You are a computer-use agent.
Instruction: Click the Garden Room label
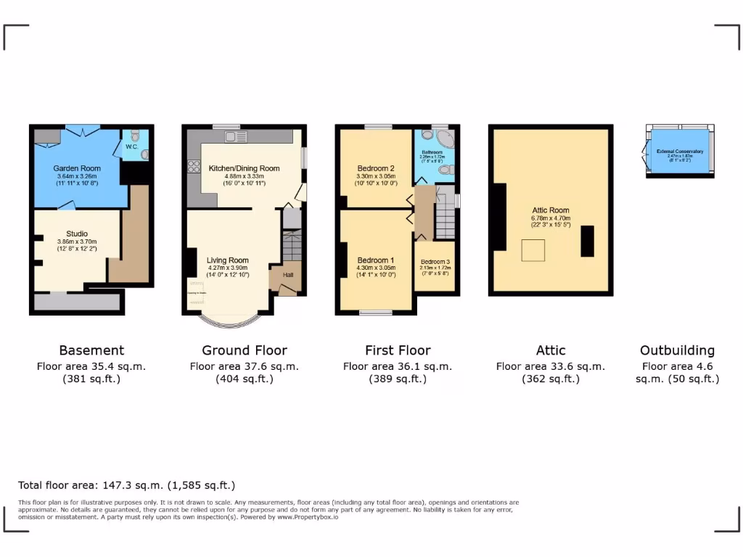tap(77, 168)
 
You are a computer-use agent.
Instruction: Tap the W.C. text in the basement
tap(131, 147)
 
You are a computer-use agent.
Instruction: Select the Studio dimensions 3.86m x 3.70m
tap(77, 242)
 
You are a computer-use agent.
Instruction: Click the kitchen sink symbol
tap(236, 136)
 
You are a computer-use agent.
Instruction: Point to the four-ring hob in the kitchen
tap(194, 167)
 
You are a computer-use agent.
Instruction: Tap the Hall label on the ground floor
tap(288, 275)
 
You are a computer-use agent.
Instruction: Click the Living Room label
tap(228, 260)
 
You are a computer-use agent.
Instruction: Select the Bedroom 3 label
tap(435, 262)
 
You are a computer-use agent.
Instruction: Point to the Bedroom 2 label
tap(376, 168)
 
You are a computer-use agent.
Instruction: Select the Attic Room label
tap(551, 210)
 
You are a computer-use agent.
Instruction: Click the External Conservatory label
tap(680, 152)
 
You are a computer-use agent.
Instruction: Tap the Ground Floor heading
tap(245, 350)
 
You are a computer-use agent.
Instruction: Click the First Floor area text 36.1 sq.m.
tap(397, 366)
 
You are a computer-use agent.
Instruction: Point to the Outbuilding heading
tap(677, 350)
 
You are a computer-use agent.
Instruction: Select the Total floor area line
tap(126, 485)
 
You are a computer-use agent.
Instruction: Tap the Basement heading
tap(91, 350)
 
